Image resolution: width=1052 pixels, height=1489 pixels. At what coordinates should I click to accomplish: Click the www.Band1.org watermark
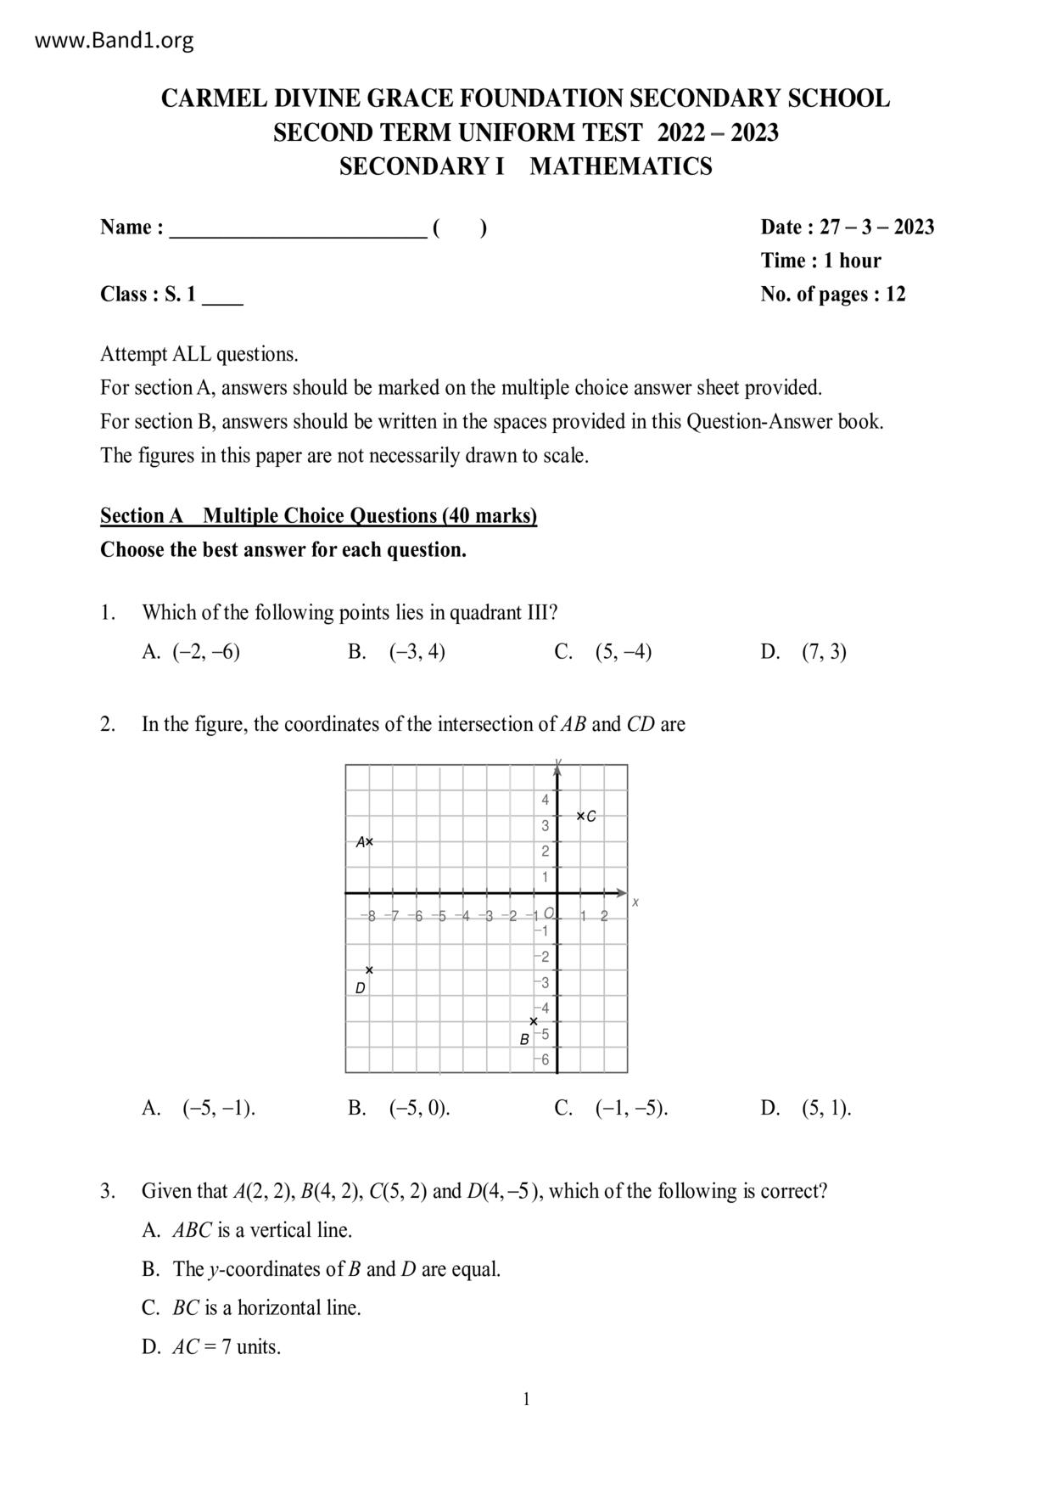click(x=115, y=40)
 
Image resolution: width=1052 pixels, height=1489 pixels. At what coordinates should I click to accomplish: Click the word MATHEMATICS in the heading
click(x=620, y=166)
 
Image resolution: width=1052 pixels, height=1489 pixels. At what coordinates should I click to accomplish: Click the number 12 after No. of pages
click(x=895, y=295)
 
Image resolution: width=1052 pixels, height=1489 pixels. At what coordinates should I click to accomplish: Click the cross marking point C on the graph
click(x=580, y=816)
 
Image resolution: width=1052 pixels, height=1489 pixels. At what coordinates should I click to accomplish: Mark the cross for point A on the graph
click(x=369, y=842)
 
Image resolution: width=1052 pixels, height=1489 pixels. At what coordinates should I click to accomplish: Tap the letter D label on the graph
click(x=360, y=988)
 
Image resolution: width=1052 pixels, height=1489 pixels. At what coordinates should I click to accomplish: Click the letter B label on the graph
click(x=524, y=1039)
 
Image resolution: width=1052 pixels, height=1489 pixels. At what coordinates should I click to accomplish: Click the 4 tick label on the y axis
click(x=546, y=800)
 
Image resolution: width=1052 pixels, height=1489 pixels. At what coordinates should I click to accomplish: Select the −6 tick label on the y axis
click(x=543, y=1059)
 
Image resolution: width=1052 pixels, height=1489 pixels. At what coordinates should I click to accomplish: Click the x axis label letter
click(x=635, y=902)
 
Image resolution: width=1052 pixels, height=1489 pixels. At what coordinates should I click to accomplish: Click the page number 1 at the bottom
click(x=526, y=1400)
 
